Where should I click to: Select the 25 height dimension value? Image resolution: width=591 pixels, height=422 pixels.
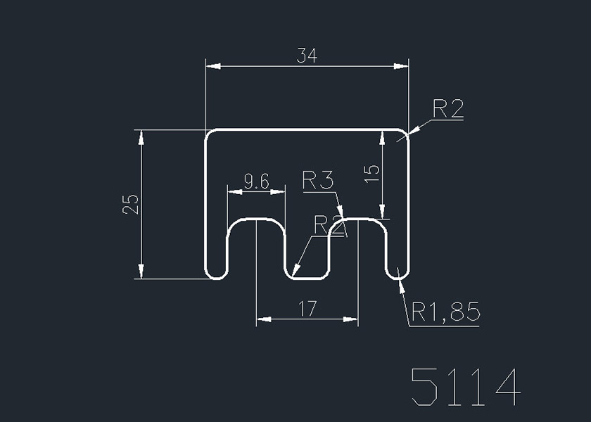131,204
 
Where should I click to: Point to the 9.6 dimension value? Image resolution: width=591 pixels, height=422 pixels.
256,182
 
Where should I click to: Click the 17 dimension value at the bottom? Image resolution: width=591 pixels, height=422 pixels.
307,309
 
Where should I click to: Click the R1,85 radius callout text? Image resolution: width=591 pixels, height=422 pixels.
445,311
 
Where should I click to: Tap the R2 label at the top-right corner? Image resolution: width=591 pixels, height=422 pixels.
447,109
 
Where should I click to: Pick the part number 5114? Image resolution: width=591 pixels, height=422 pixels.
466,386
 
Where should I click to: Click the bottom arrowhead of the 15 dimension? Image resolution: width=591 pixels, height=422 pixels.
382,212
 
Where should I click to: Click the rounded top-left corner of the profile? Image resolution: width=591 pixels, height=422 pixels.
209,134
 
